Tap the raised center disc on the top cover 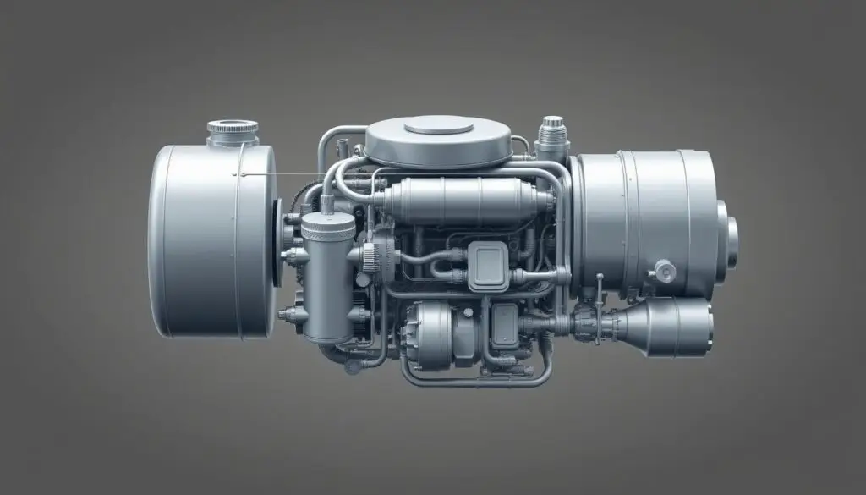[438, 127]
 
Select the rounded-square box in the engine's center [488, 263]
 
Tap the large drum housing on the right [643, 220]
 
